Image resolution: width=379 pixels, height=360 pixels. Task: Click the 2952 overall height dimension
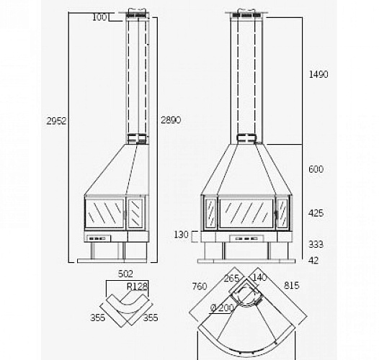tap(56, 121)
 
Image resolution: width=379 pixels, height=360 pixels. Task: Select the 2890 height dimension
tap(171, 120)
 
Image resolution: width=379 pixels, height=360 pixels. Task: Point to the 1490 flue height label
tap(318, 74)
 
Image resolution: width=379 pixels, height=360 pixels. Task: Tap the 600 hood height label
tap(316, 169)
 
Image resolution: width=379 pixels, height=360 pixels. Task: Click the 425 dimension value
tap(316, 213)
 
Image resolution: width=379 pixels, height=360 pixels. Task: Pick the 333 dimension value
tap(316, 244)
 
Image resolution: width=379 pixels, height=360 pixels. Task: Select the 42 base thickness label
tap(313, 261)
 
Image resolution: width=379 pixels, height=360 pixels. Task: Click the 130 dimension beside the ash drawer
tap(181, 235)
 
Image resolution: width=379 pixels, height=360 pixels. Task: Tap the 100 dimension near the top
tap(99, 17)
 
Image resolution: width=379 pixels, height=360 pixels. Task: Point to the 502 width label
tap(125, 274)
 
